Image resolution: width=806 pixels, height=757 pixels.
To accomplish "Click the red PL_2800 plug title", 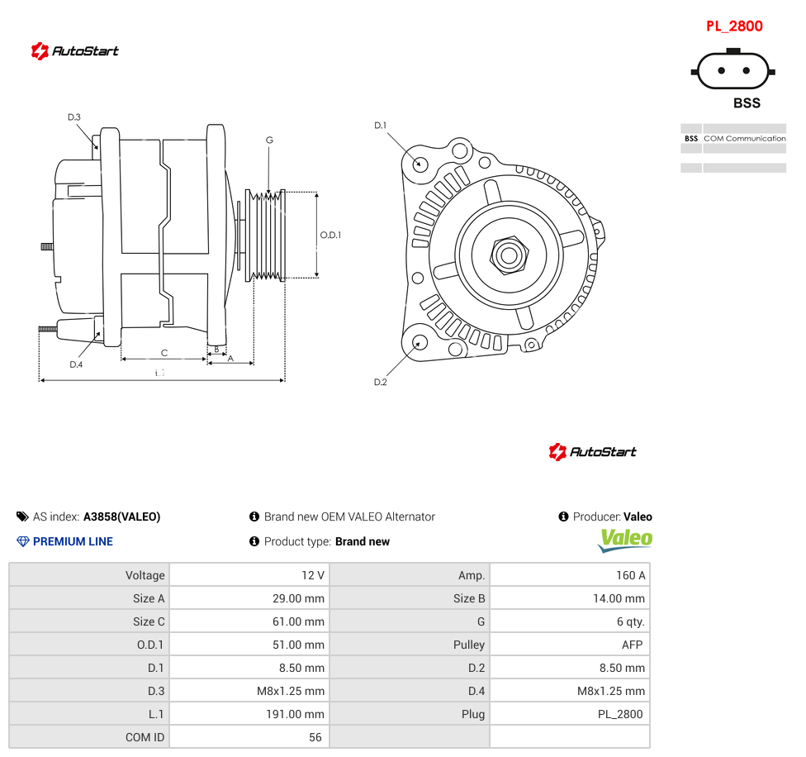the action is click(x=734, y=26).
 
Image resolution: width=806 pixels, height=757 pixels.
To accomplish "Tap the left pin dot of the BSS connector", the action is click(x=721, y=70).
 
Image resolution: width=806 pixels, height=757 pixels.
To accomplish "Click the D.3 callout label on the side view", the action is click(x=74, y=117).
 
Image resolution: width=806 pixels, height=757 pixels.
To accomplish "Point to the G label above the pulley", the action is click(x=269, y=140).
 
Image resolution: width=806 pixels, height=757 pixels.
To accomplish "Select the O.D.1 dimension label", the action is click(x=330, y=235).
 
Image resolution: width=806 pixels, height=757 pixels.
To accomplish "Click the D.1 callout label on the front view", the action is click(x=381, y=126).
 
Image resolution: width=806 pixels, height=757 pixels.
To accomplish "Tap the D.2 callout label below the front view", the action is click(x=381, y=382).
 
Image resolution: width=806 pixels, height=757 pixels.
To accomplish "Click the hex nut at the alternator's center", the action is click(x=509, y=255).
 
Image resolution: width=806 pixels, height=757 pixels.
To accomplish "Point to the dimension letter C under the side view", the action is click(x=164, y=353).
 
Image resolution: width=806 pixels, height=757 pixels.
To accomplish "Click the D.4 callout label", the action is click(x=76, y=364).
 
